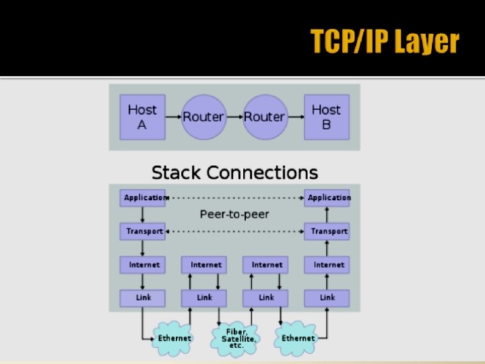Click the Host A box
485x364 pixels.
(142, 117)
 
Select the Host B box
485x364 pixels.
(326, 117)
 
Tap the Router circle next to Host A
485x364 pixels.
(203, 117)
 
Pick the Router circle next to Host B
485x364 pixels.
(264, 117)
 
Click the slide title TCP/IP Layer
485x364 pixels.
(385, 42)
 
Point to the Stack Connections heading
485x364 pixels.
(234, 173)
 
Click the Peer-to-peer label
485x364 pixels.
(234, 214)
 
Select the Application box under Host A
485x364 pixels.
(143, 198)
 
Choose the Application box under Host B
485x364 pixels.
(327, 198)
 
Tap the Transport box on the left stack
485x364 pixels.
(143, 231)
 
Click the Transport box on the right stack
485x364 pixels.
(327, 231)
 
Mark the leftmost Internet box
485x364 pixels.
(143, 265)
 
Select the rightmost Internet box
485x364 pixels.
(327, 265)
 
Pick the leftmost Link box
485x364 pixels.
(143, 297)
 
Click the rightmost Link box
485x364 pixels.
(327, 297)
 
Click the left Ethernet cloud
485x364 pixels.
(174, 338)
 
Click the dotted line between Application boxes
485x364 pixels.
(236, 198)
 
